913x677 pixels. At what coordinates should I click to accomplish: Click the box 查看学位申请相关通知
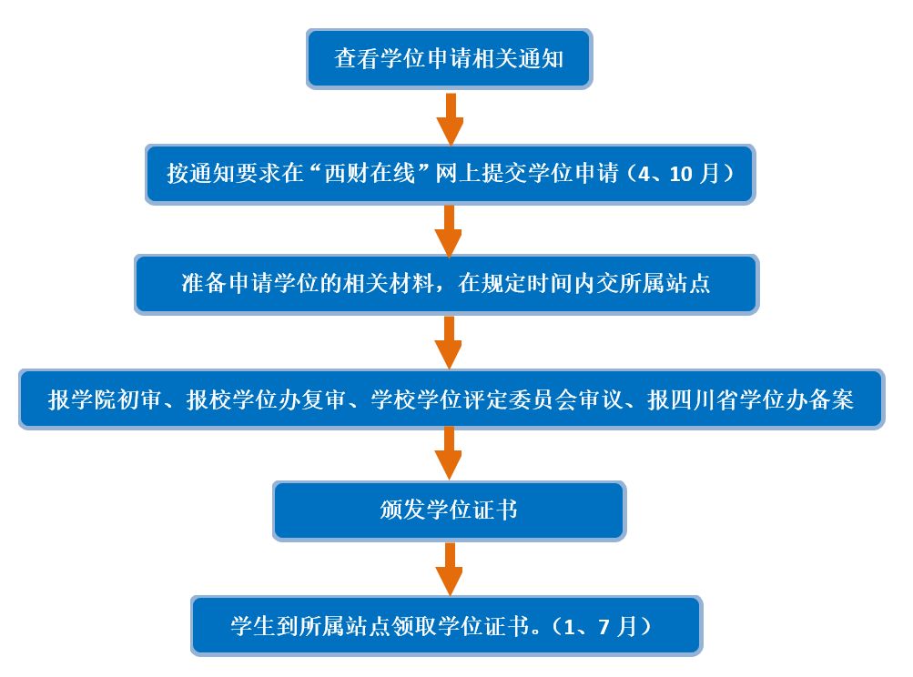449,59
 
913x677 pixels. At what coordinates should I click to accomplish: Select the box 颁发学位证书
449,510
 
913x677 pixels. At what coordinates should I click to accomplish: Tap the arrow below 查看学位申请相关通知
450,119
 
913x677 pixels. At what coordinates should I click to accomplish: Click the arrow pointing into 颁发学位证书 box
449,453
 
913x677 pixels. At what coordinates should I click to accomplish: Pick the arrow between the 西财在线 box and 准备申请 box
449,230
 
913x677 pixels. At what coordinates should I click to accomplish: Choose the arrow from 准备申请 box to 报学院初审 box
449,342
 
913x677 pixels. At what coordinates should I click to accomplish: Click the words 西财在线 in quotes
370,174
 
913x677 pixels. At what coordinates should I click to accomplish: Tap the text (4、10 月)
678,174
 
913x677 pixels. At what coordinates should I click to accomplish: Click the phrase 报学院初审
105,399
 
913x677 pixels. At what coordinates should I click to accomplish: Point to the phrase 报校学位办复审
266,399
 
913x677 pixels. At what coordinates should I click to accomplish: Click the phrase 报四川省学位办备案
751,399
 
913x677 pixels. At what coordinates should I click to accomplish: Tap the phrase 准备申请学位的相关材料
307,284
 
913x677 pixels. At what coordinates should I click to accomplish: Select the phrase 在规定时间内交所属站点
584,284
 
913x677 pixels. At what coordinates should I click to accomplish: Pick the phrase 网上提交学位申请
527,174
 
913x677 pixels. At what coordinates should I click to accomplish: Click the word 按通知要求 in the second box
224,174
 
